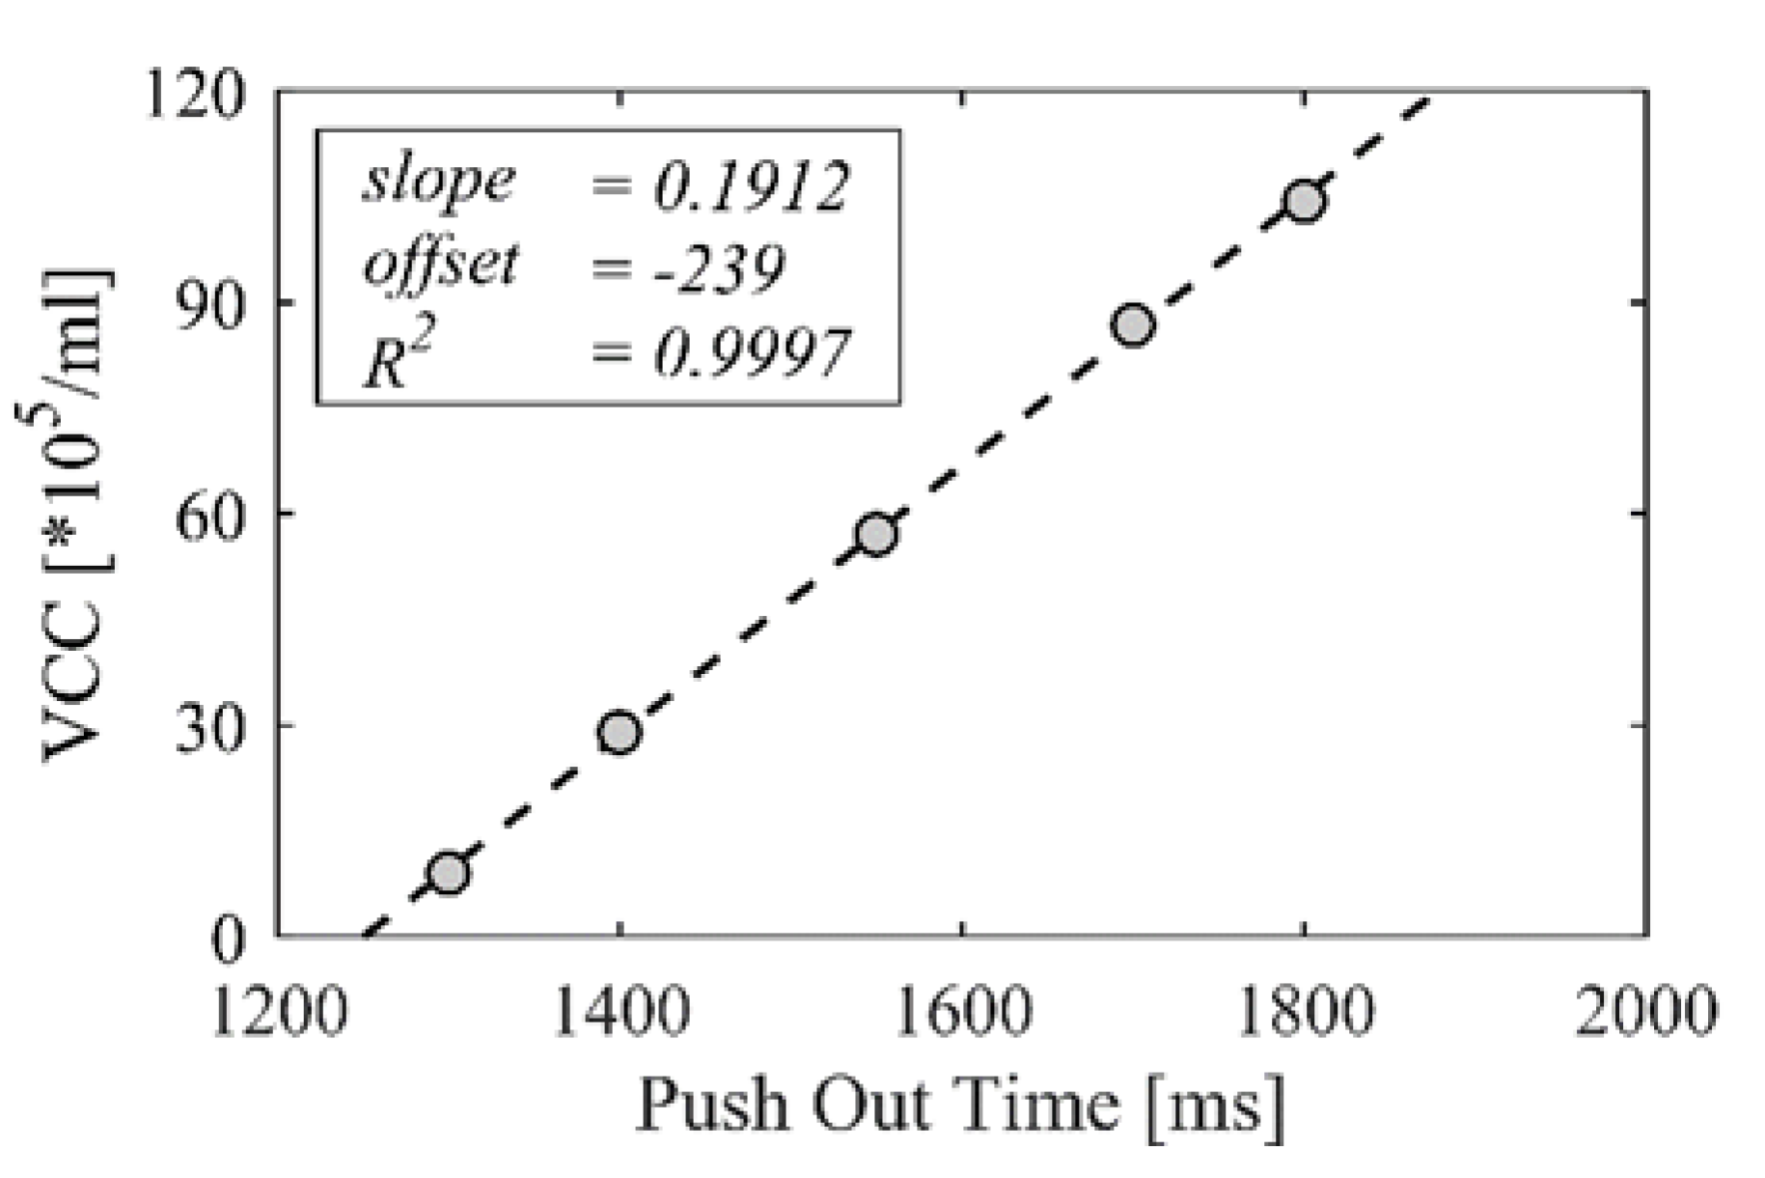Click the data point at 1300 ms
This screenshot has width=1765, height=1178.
448,873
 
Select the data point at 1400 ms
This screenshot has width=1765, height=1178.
619,733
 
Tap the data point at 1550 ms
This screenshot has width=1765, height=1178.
876,534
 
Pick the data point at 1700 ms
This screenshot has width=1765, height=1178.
1133,325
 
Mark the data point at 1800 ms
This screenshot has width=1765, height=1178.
1303,201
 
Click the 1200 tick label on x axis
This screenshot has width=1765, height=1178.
278,1011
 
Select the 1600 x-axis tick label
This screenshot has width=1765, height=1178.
962,1011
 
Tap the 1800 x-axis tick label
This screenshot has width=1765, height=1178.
1304,1011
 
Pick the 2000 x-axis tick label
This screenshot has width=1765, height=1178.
1645,1011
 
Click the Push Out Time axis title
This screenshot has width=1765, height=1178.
961,1103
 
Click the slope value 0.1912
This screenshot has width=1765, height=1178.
751,185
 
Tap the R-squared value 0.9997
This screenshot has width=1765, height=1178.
751,353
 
